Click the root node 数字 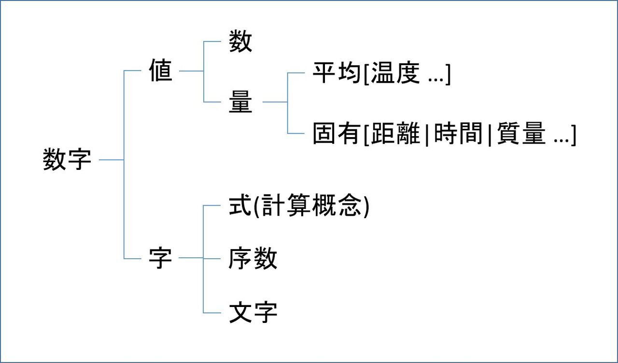coord(67,159)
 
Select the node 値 coord(160,71)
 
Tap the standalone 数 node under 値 coord(240,42)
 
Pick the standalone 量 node coord(240,102)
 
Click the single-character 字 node coord(160,258)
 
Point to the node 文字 coord(253,313)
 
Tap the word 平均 coord(337,74)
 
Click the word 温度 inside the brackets coord(395,74)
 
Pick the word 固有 coord(337,134)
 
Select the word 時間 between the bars coord(458,134)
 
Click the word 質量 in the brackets coord(521,134)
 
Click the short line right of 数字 coord(111,159)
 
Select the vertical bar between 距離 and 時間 coord(427,135)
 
